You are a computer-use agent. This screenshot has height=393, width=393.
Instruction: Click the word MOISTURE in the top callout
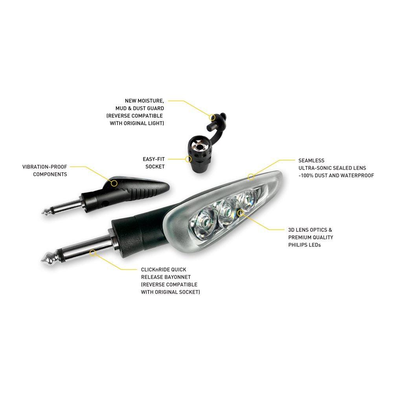(151, 101)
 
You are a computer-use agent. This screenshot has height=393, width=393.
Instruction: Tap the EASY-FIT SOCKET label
(154, 163)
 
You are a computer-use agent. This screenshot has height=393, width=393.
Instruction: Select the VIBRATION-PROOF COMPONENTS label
(45, 171)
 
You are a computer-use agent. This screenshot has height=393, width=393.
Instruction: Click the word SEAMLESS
(311, 160)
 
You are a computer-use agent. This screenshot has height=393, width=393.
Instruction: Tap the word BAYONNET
(178, 277)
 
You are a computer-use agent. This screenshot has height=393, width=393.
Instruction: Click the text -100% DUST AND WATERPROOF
(336, 175)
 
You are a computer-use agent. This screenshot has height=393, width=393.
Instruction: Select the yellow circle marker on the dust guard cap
(212, 117)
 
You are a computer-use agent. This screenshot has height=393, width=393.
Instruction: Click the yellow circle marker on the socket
(188, 159)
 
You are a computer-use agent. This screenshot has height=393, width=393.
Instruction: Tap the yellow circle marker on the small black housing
(114, 183)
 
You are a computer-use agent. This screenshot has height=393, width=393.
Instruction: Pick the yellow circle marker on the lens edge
(251, 177)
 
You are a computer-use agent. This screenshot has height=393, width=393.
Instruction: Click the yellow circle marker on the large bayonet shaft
(93, 252)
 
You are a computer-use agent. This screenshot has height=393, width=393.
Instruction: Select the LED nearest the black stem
(205, 220)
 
